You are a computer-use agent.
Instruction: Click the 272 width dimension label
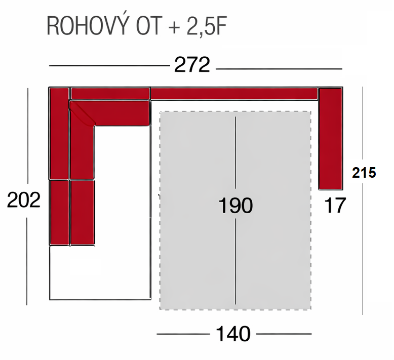pyautogui.click(x=192, y=65)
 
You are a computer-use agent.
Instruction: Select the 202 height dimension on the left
pyautogui.click(x=23, y=201)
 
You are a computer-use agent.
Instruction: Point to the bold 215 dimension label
pyautogui.click(x=364, y=173)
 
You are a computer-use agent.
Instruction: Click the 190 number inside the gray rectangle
pyautogui.click(x=235, y=206)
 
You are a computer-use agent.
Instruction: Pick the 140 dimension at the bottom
pyautogui.click(x=233, y=334)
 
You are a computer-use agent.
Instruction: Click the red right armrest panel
pyautogui.click(x=331, y=138)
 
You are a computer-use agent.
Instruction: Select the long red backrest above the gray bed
pyautogui.click(x=233, y=94)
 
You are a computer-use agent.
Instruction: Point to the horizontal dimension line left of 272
pyautogui.click(x=109, y=66)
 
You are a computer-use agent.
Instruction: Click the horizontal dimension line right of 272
pyautogui.click(x=280, y=68)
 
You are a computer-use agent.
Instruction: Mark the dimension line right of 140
pyautogui.click(x=283, y=334)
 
